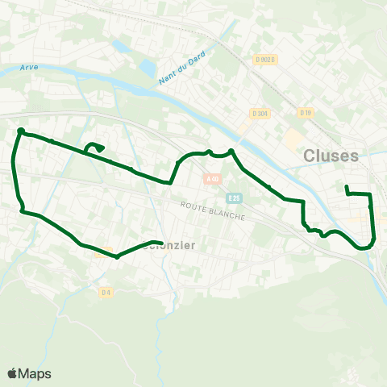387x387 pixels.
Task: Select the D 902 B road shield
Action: [x=265, y=59]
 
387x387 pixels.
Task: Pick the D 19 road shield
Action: [x=305, y=113]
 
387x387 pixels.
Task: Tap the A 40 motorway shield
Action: [x=212, y=178]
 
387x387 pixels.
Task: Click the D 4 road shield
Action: [x=106, y=292]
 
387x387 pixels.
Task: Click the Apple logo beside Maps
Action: [x=13, y=373]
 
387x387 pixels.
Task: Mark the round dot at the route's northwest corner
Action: [x=21, y=131]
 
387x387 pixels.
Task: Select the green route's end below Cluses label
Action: [x=346, y=188]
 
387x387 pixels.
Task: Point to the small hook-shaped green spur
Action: [x=94, y=146]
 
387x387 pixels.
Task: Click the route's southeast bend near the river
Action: [x=372, y=242]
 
